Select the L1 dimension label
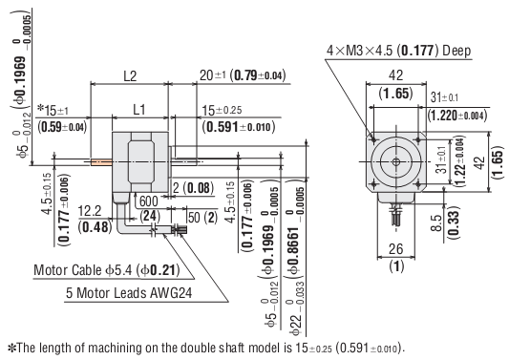(x=138, y=111)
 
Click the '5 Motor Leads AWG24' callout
(x=130, y=292)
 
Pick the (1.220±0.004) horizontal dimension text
(x=461, y=115)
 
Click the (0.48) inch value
(x=93, y=227)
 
